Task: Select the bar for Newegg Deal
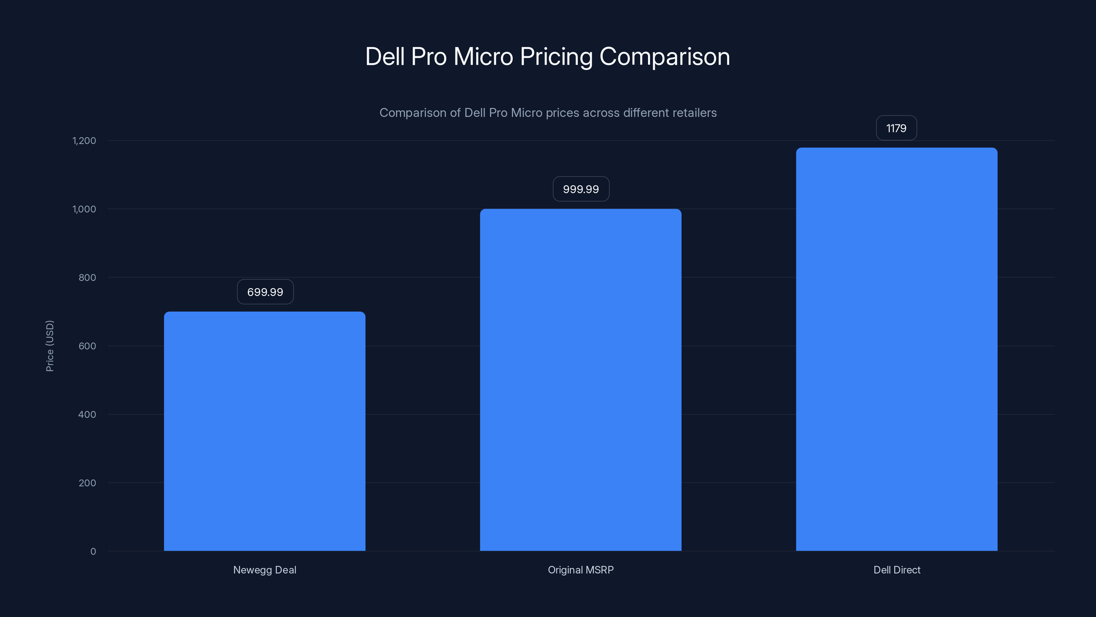click(x=265, y=431)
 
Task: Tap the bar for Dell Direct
click(x=896, y=349)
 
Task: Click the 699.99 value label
click(x=265, y=292)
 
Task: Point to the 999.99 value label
click(x=581, y=189)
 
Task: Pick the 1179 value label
click(x=896, y=128)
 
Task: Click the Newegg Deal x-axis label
click(x=265, y=570)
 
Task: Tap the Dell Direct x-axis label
click(x=896, y=570)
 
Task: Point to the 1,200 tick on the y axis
click(x=84, y=141)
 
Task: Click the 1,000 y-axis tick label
click(x=84, y=209)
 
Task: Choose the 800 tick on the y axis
click(x=87, y=278)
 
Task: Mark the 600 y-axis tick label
click(x=87, y=346)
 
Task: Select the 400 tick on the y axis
click(x=87, y=414)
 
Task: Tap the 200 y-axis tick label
click(x=87, y=483)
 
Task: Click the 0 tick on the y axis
click(x=93, y=552)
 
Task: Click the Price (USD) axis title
click(x=50, y=346)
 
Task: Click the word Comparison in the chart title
click(x=664, y=57)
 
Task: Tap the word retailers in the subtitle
click(x=695, y=113)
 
